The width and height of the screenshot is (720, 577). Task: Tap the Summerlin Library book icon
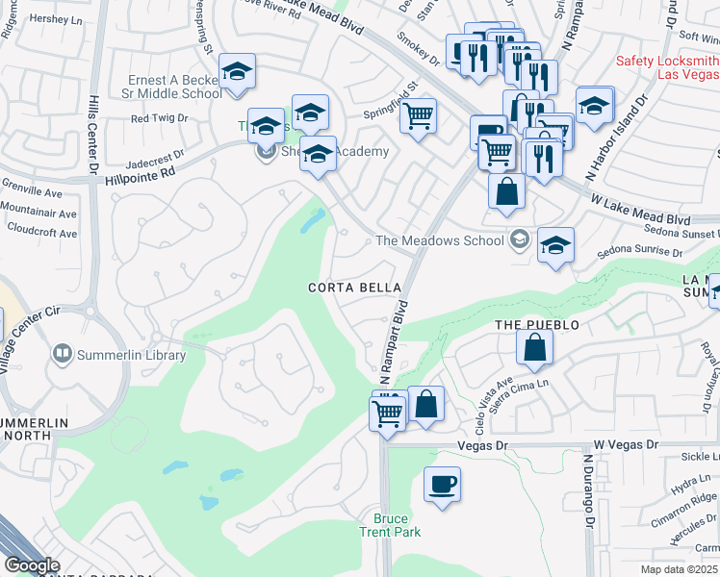63,355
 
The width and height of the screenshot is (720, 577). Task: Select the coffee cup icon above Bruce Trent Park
442,484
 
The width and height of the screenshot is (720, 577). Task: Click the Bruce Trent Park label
398,524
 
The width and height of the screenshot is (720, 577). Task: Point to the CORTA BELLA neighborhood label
347,288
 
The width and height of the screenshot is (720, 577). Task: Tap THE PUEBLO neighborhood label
537,325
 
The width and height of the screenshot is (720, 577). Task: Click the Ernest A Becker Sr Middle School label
175,87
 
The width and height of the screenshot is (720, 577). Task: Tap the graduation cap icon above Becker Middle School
237,71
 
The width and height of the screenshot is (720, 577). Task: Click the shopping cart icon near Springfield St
417,116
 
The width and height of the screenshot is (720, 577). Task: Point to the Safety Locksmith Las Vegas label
667,67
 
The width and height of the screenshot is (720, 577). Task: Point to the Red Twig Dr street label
160,119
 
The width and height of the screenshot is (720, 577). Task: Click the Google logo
31,566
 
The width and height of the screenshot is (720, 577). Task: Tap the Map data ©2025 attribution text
680,569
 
